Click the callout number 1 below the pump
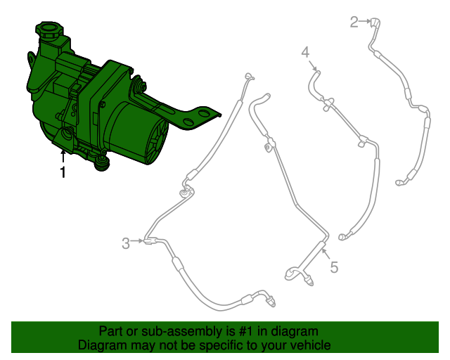click(63, 172)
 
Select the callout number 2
click(354, 22)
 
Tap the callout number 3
click(126, 243)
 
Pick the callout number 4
click(305, 52)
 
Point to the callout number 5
click(334, 266)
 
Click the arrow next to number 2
click(366, 22)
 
